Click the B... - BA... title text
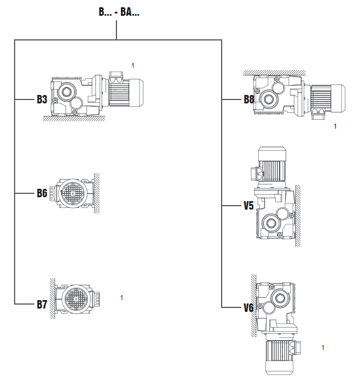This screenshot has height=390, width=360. (119, 11)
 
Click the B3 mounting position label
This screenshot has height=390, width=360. (42, 99)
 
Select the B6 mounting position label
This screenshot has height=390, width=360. (42, 193)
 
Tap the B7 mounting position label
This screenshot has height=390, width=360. (42, 305)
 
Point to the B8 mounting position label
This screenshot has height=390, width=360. (249, 99)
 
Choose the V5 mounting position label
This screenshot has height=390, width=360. (249, 206)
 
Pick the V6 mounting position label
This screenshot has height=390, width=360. (249, 307)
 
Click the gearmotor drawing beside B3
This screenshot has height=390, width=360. (96, 93)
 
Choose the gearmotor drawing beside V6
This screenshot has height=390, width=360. (276, 323)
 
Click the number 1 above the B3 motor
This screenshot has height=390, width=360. (133, 66)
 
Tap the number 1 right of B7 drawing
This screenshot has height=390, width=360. (121, 297)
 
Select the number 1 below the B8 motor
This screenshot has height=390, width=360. (335, 126)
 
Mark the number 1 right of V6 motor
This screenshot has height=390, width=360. (323, 348)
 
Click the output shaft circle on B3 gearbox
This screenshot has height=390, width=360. (66, 92)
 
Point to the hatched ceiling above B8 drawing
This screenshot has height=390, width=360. (274, 73)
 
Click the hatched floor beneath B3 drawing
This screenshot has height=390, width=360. (73, 119)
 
